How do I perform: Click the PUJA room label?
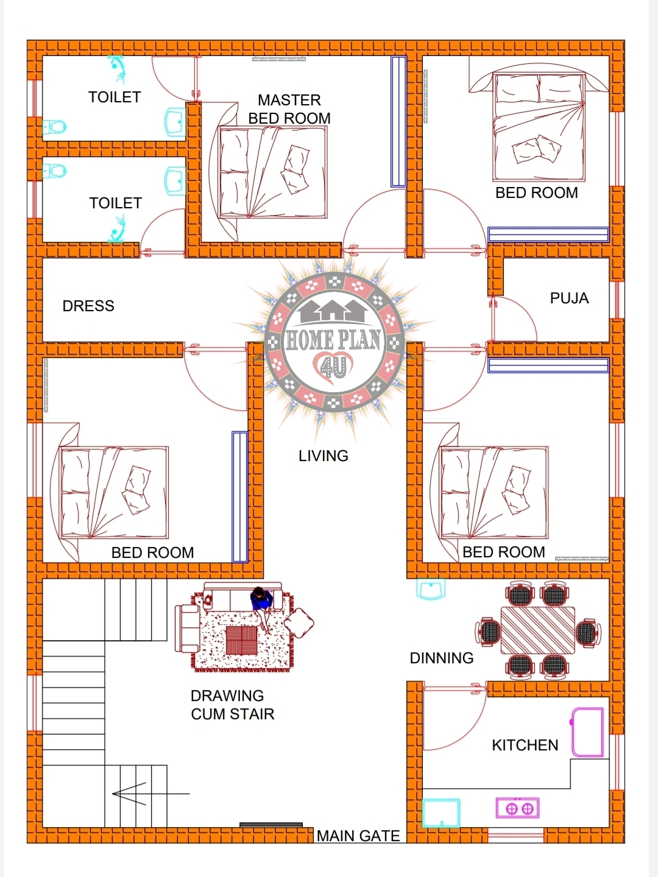[x=569, y=298]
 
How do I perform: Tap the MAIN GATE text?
[x=358, y=836]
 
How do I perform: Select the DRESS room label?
[x=88, y=306]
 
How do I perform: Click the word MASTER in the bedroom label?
[x=289, y=100]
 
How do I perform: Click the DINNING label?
[x=442, y=658]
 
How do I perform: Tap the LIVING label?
[x=324, y=456]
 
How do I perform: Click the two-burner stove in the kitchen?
[x=517, y=808]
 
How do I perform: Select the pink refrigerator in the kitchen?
[x=587, y=733]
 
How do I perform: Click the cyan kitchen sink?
[x=441, y=812]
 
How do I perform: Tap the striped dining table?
[x=538, y=630]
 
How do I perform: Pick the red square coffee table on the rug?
[x=241, y=640]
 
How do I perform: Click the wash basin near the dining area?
[x=431, y=589]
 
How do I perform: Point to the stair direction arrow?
[x=150, y=794]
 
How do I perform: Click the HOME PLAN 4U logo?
[x=334, y=342]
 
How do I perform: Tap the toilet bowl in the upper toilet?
[x=54, y=127]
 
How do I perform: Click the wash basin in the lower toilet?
[x=175, y=181]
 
